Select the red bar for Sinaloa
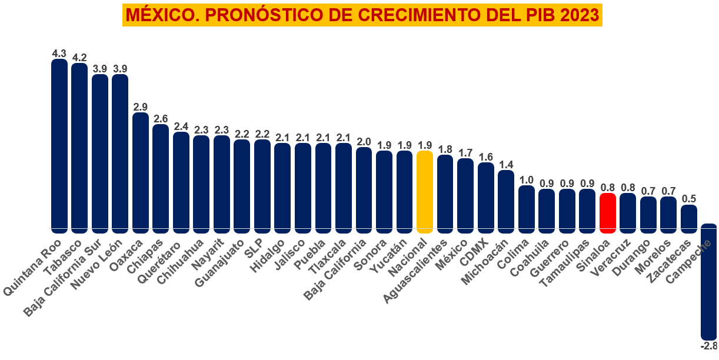607,212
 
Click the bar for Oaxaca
141,170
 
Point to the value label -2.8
708,345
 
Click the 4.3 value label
59,54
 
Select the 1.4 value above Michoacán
506,165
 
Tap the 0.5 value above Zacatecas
689,199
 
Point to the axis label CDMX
474,251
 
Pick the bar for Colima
527,206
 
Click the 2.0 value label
364,142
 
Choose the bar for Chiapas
161,176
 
